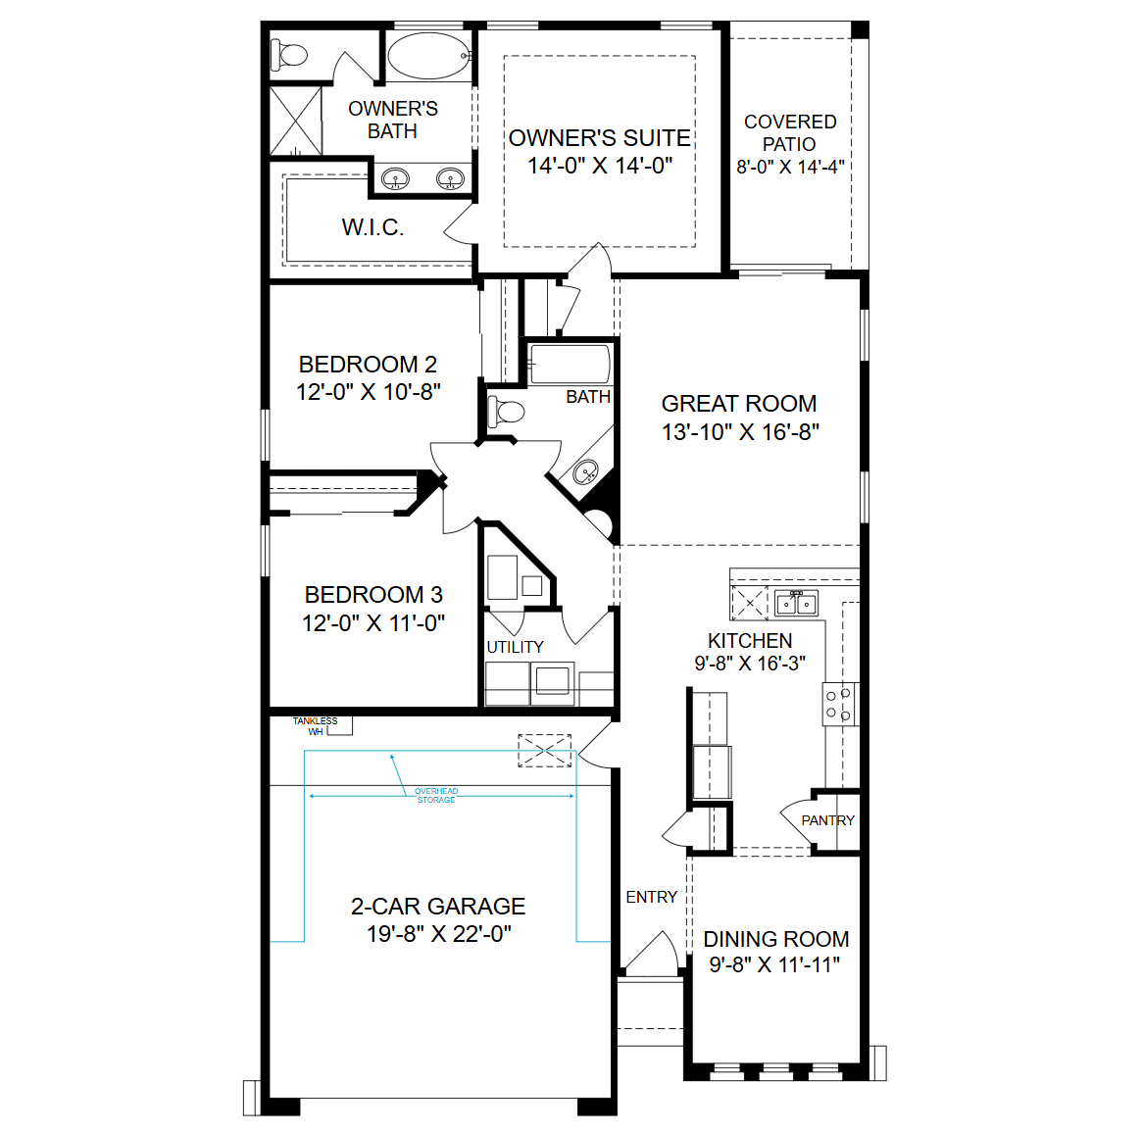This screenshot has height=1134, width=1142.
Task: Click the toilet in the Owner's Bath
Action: (289, 55)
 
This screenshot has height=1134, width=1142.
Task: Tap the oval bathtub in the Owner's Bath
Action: (429, 56)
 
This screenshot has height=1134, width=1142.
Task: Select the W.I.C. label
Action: (372, 227)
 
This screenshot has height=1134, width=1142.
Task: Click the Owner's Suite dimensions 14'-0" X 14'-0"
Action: (600, 166)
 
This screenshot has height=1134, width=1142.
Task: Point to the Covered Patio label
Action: (790, 132)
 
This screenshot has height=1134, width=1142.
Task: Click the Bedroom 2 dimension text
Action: (369, 392)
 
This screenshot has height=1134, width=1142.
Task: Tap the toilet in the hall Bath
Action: (506, 412)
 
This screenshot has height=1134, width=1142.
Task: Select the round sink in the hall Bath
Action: (586, 472)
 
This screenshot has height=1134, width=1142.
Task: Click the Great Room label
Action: (738, 404)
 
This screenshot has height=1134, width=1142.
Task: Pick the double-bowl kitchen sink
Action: (797, 603)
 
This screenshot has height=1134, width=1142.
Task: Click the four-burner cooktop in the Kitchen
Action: (840, 705)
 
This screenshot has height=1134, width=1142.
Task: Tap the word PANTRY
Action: (828, 820)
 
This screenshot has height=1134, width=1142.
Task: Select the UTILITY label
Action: (515, 647)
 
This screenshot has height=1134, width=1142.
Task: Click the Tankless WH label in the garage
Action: (316, 726)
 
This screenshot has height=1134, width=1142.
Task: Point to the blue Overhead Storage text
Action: (436, 795)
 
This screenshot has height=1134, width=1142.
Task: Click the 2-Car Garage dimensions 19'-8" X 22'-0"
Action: (439, 934)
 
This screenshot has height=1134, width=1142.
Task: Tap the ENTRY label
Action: (652, 897)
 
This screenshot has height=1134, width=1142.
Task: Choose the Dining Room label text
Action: (775, 940)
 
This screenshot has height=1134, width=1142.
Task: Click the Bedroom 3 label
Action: (373, 595)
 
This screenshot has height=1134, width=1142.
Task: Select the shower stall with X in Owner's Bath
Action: (296, 121)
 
